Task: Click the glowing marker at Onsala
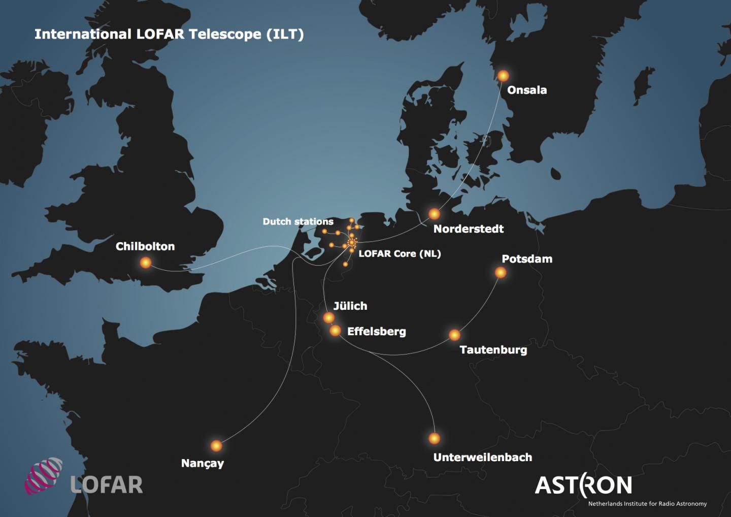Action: click(503, 76)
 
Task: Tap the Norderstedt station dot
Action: click(434, 214)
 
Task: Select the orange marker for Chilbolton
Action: click(146, 263)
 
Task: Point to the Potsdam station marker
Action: click(501, 273)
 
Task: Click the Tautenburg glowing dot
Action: click(454, 335)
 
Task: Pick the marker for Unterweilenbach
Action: click(434, 438)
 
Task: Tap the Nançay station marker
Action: click(216, 446)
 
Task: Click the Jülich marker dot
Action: click(329, 318)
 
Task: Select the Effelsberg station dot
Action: click(335, 331)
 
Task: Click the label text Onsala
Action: click(527, 90)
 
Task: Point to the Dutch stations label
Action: click(298, 222)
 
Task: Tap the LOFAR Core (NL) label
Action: click(400, 253)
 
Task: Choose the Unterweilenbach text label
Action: click(482, 458)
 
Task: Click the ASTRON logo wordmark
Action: click(583, 485)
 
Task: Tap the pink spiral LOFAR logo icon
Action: click(44, 476)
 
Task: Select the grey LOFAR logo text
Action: click(107, 485)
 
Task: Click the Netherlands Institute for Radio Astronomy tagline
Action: click(647, 504)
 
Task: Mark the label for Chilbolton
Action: click(145, 246)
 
